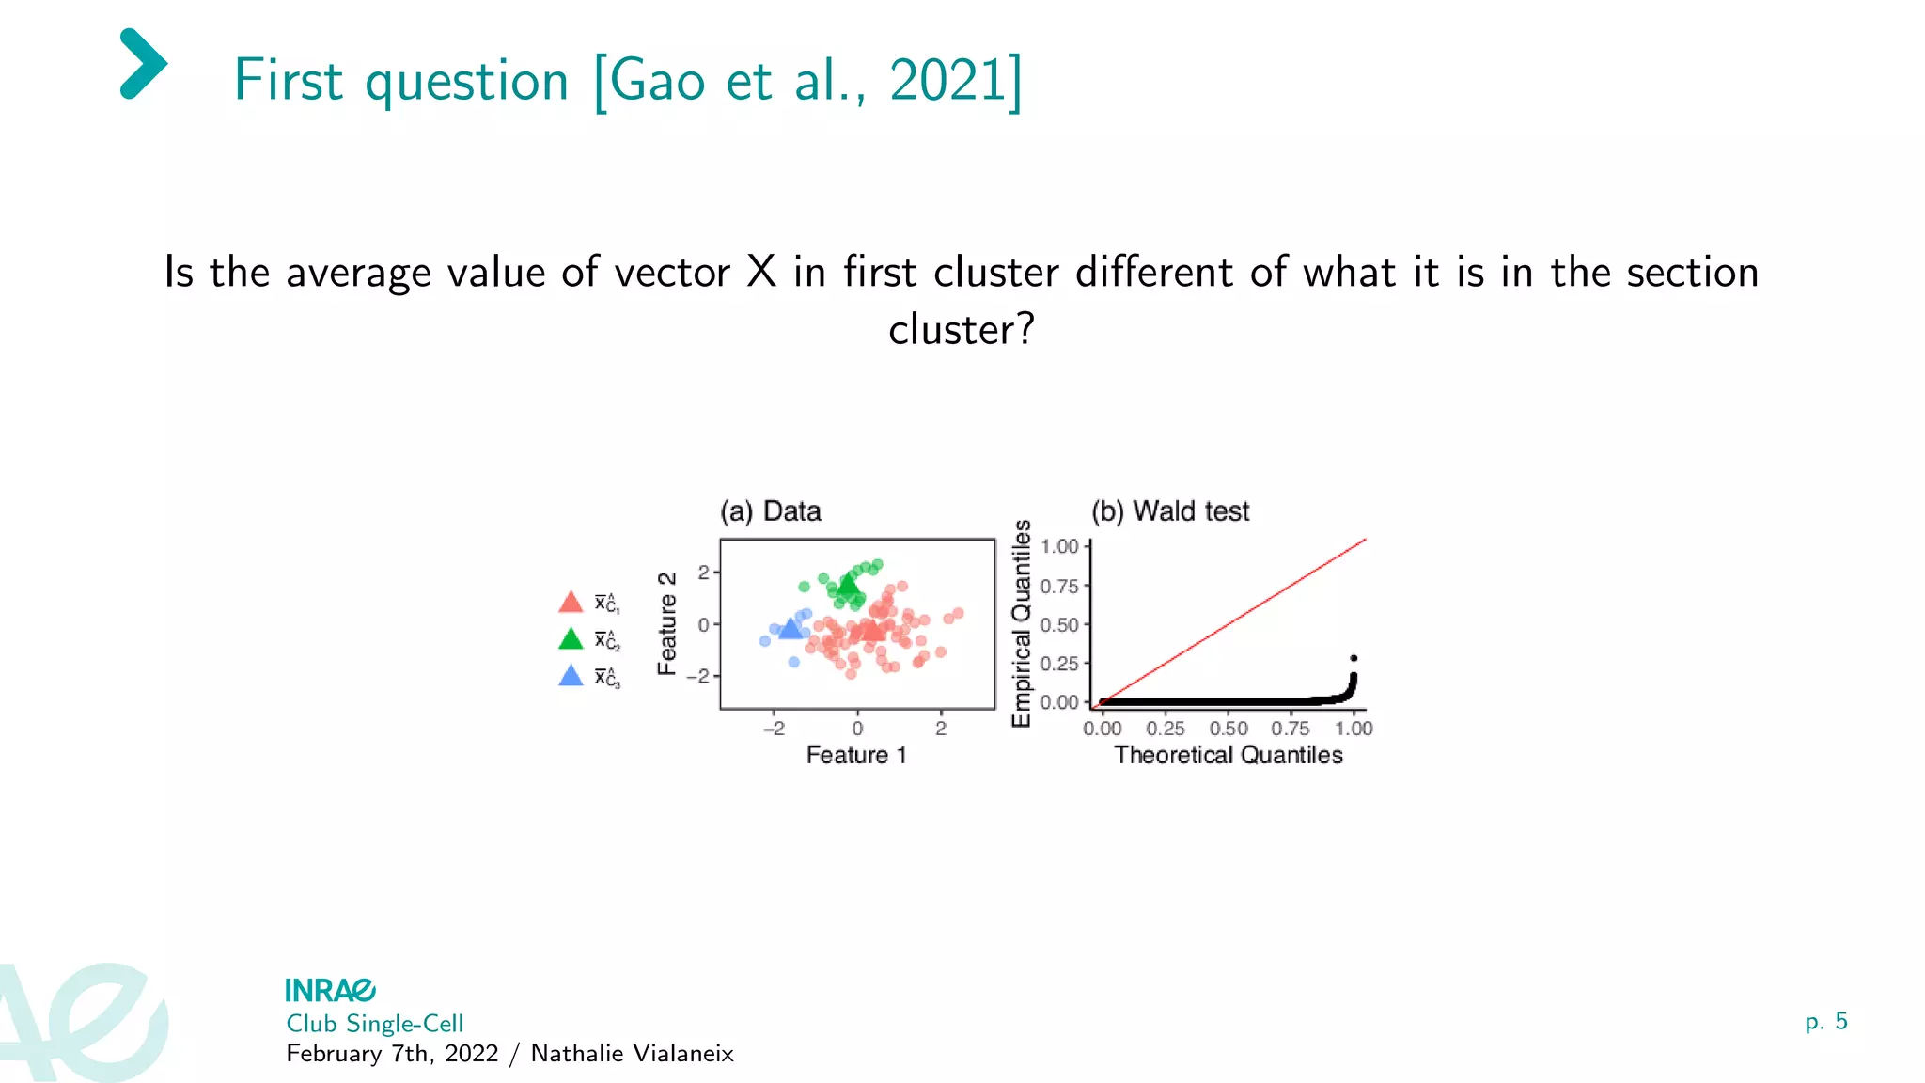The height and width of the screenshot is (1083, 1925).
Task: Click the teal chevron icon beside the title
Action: (144, 64)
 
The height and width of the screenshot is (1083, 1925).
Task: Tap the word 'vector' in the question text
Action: (671, 273)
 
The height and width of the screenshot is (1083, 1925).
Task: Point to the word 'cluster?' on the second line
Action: (961, 330)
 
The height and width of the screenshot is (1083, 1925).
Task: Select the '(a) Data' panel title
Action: (770, 511)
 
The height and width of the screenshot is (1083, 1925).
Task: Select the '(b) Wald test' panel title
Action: (1169, 511)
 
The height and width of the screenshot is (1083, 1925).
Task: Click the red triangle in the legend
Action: (571, 603)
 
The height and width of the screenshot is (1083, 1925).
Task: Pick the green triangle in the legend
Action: (571, 640)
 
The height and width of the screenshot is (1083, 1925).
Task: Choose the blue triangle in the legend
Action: (571, 676)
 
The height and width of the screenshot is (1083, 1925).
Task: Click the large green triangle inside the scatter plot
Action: (848, 587)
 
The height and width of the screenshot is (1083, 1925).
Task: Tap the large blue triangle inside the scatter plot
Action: (790, 628)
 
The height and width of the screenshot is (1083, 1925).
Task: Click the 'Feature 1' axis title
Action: (856, 755)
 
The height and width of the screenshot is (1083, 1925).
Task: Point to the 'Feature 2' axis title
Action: (667, 623)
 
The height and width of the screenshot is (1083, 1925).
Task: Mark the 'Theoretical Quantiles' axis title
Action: (1228, 755)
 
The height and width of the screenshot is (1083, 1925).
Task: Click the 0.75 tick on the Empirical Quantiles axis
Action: (1059, 587)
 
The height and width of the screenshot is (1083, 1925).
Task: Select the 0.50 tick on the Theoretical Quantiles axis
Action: (1228, 729)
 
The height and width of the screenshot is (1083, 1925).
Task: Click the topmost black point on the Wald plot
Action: (1354, 658)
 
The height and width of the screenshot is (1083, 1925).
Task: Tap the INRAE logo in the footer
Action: (330, 990)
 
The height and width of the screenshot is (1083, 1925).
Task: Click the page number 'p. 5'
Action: (1825, 1022)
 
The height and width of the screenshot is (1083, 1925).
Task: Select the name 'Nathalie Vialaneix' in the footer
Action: (632, 1054)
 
